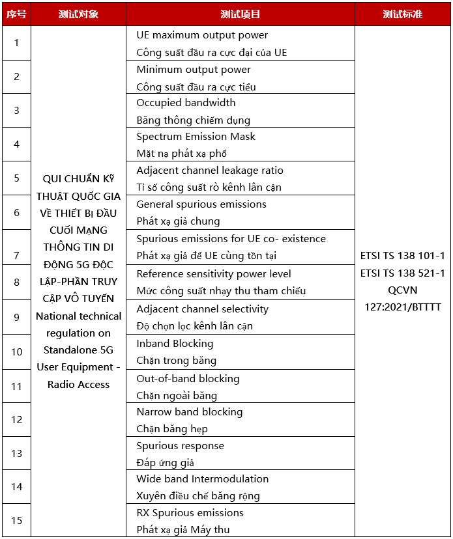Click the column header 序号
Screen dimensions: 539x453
click(16, 14)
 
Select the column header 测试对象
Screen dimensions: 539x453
click(78, 14)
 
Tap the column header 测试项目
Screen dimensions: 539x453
click(240, 14)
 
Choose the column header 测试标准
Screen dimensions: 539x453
click(402, 14)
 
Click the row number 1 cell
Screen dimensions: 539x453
click(16, 43)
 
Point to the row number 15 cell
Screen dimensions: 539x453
click(16, 520)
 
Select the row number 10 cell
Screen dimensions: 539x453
click(16, 352)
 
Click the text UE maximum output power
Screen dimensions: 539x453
click(202, 35)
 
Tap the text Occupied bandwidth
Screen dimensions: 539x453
click(186, 103)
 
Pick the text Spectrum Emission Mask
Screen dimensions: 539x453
click(196, 137)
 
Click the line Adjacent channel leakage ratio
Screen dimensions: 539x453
click(210, 171)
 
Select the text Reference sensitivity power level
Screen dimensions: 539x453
click(214, 274)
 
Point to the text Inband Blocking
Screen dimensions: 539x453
click(175, 344)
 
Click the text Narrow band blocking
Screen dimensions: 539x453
click(189, 412)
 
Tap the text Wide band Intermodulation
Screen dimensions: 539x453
click(202, 479)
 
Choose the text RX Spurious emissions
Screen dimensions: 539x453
click(190, 513)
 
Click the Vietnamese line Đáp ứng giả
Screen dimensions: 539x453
click(165, 463)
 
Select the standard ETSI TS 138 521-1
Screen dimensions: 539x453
click(402, 273)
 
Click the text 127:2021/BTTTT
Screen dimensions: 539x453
click(402, 307)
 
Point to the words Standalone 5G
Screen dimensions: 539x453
click(78, 350)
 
